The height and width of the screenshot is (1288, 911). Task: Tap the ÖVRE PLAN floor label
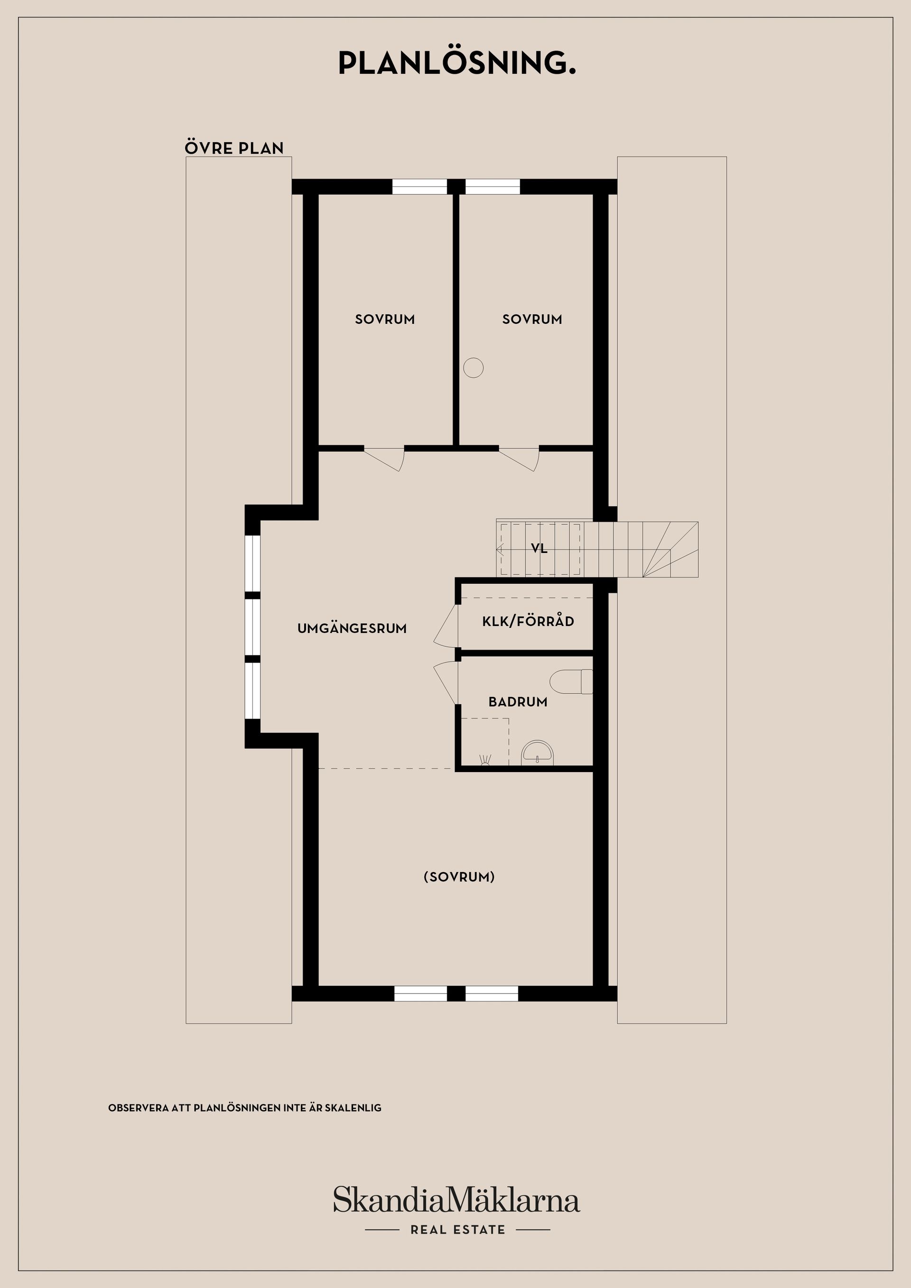tap(234, 147)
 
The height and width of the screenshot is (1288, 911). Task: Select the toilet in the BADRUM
tap(571, 681)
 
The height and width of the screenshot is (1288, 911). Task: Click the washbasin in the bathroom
tap(537, 753)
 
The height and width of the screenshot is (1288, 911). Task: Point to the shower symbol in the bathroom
tap(485, 760)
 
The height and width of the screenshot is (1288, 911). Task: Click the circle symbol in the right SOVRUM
tap(473, 368)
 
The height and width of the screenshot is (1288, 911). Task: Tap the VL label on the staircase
tap(539, 549)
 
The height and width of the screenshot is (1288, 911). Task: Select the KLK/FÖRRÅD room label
tap(528, 621)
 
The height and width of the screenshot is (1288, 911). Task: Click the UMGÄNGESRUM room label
tap(352, 628)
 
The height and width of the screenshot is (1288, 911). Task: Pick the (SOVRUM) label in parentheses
tap(459, 877)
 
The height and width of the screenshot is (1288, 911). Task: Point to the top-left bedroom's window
tap(419, 187)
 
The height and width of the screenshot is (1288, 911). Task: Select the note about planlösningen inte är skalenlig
tap(245, 1108)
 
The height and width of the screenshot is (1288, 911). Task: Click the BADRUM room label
tap(518, 702)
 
